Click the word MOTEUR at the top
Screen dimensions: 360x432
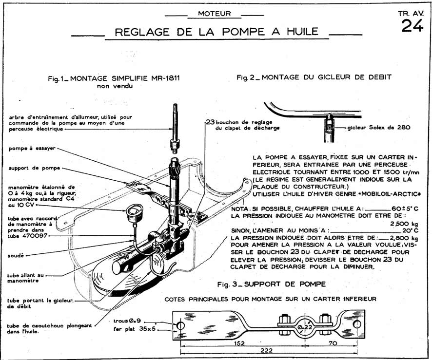(x=215, y=14)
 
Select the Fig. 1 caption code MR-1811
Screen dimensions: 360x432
(x=166, y=79)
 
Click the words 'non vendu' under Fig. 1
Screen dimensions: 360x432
(x=114, y=86)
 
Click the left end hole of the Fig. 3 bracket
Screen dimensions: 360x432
(x=180, y=324)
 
